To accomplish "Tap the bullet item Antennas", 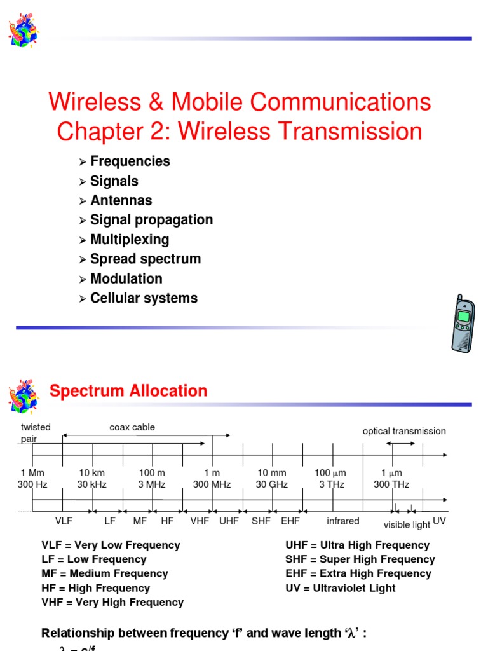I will point(121,200).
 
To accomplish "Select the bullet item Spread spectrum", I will point(145,259).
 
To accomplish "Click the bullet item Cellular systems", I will point(144,298).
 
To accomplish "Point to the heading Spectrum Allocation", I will point(128,391).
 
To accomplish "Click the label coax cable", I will point(132,427).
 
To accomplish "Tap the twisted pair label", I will point(35,433).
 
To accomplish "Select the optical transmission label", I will point(404,431).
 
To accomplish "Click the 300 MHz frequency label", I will point(212,484).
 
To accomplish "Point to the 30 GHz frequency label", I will point(272,484).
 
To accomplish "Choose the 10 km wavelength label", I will point(92,473).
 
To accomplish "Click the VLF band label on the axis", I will point(64,521).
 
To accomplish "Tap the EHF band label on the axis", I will point(290,521).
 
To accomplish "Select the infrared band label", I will point(343,521).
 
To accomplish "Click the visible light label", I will point(407,525).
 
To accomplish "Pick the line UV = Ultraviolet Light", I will point(341,588).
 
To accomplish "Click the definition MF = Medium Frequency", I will point(105,573).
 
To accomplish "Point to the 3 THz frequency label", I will point(332,484).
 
